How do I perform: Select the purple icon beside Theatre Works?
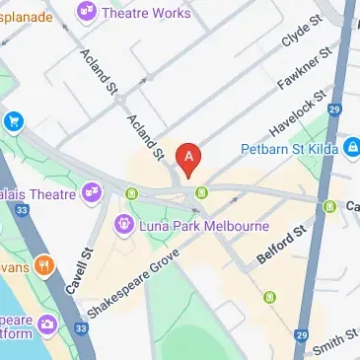[87, 13]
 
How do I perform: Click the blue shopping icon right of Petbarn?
[351, 148]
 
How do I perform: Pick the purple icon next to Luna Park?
[123, 224]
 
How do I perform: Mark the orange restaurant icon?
[43, 266]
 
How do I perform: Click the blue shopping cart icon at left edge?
[13, 121]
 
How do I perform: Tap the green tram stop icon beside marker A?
[201, 192]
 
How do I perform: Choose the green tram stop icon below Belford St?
[269, 297]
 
